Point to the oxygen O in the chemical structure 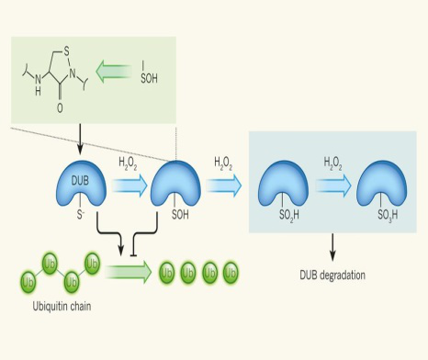click(x=61, y=106)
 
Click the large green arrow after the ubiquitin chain click(x=129, y=272)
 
